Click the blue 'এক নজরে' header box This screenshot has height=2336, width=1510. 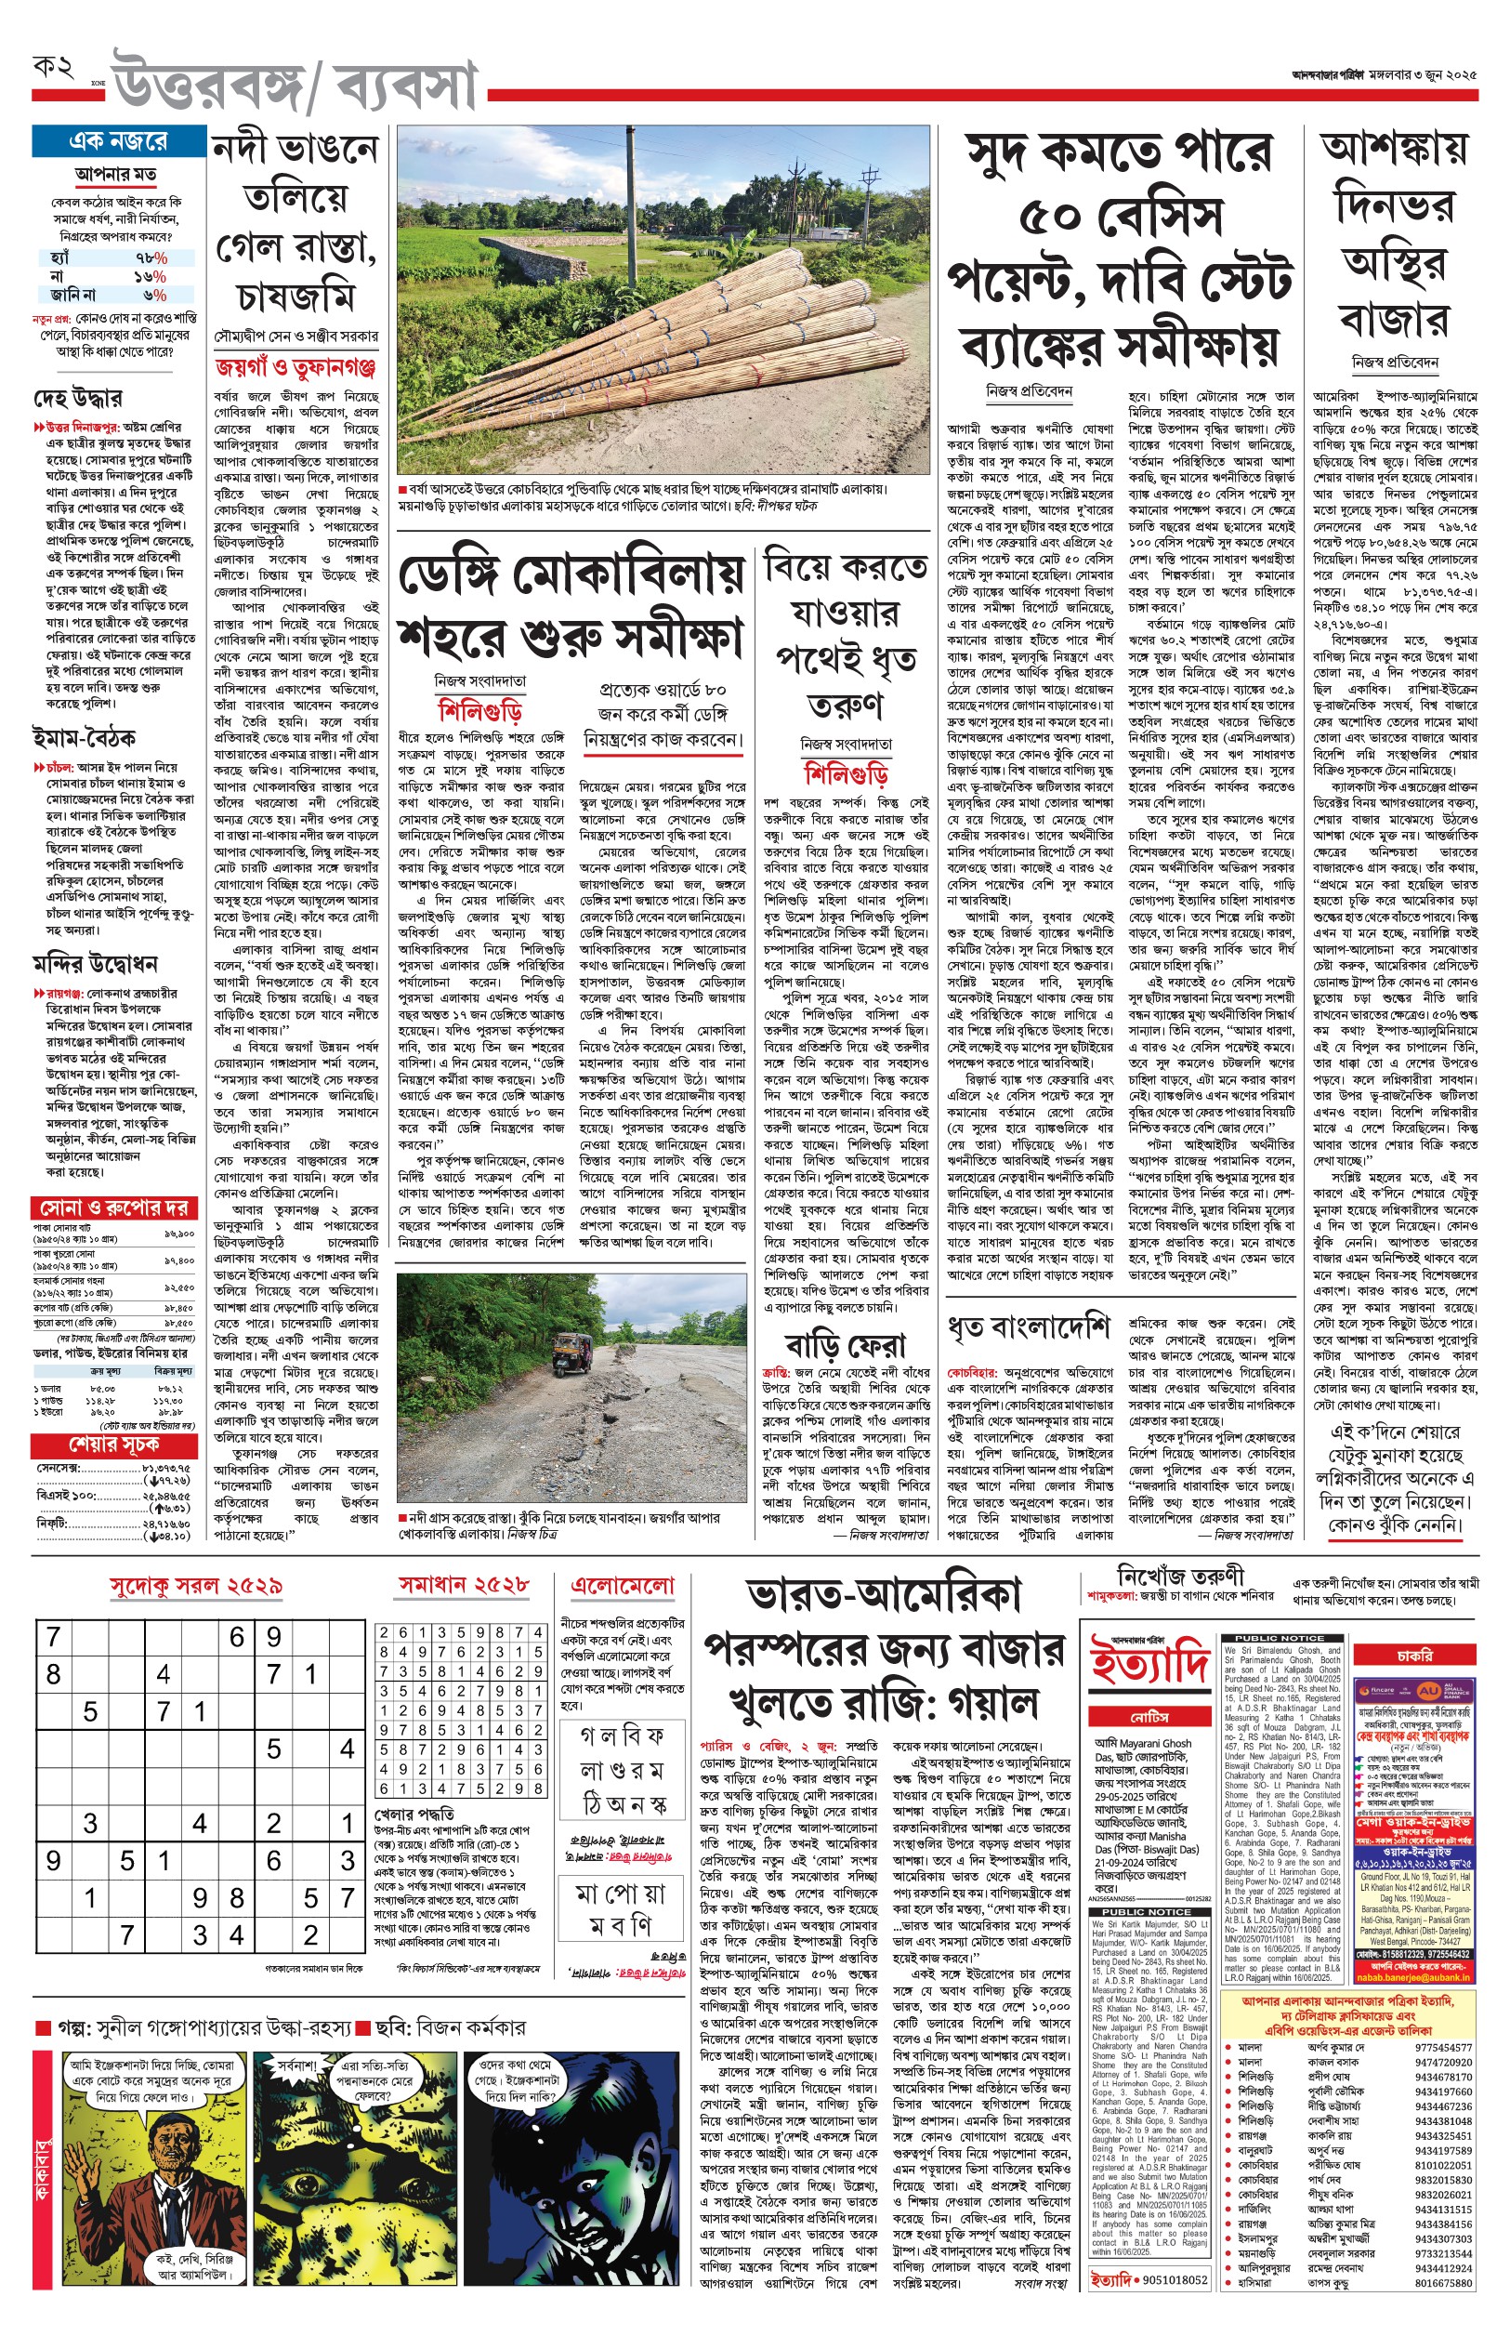118,141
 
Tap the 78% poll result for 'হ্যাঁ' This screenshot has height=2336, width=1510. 151,257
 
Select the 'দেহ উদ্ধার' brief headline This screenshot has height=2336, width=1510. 77,398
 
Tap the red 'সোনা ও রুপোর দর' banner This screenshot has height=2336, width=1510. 113,1208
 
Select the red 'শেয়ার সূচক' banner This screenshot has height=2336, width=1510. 113,1445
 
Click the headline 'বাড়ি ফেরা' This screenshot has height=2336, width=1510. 846,1344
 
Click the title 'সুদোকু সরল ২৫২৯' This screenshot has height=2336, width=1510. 196,1586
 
